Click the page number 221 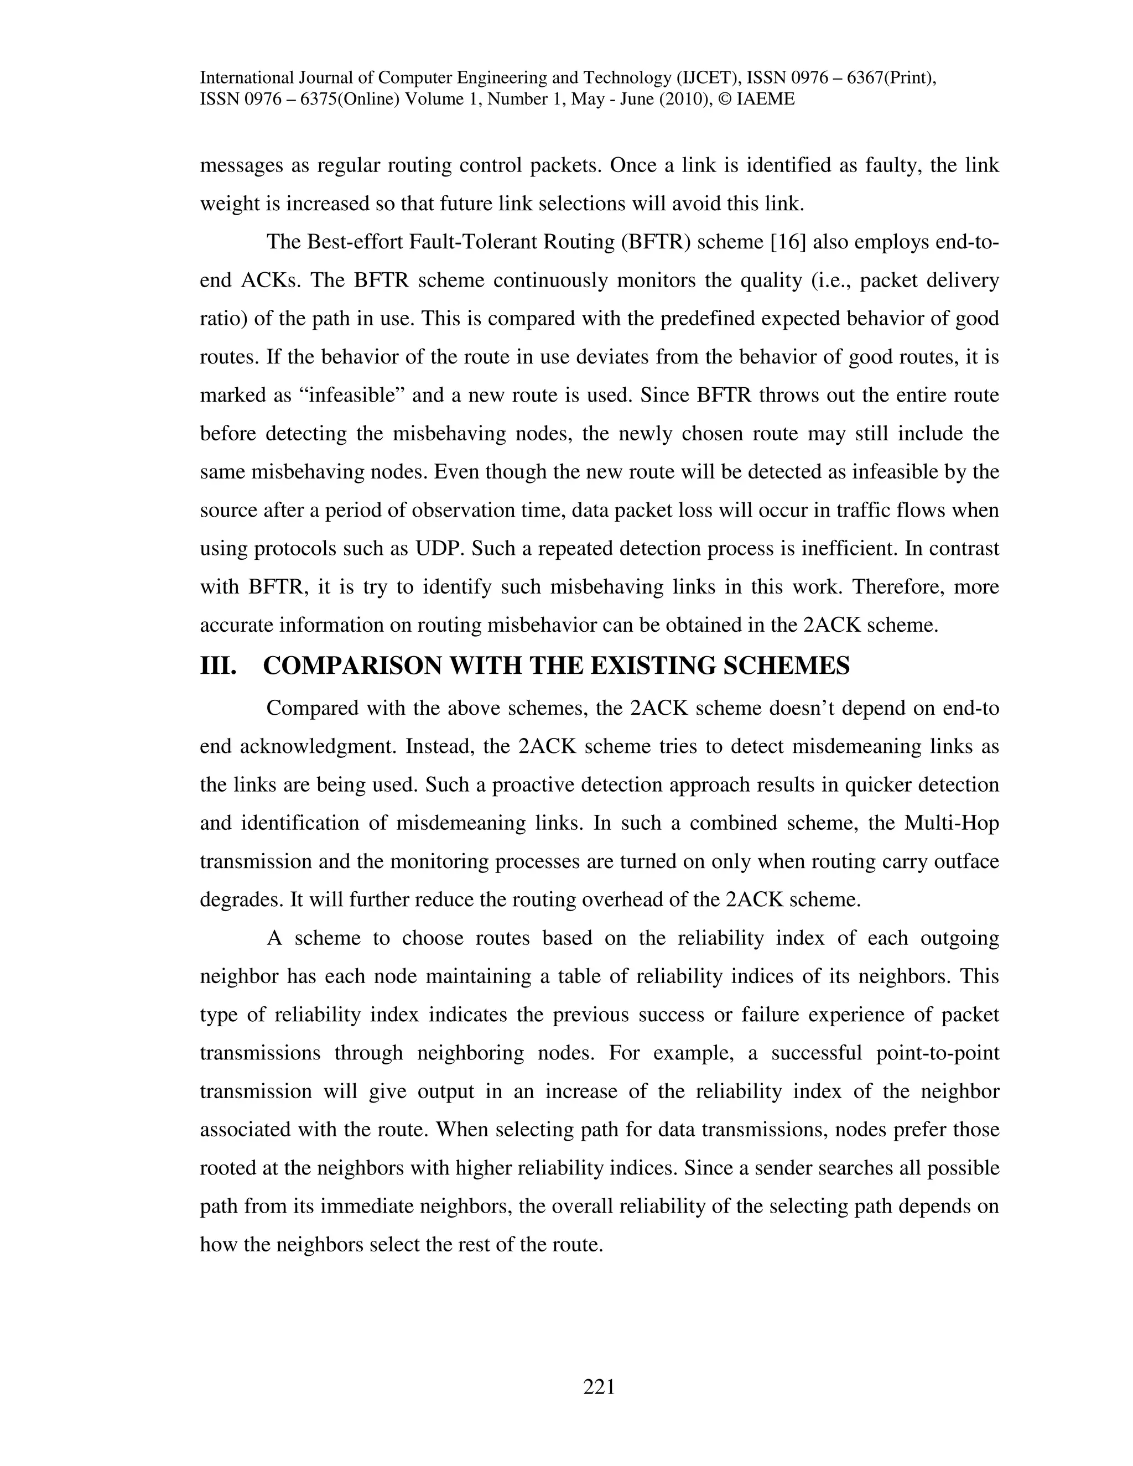coord(599,1387)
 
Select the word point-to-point coord(938,1053)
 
